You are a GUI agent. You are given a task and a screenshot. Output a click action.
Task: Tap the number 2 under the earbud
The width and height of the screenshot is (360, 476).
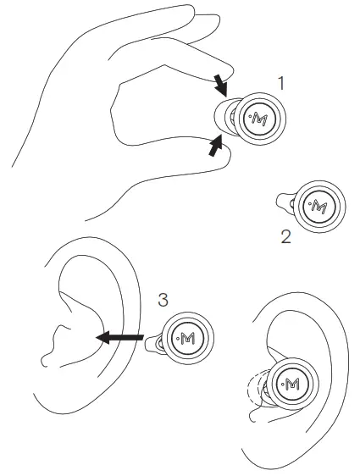(285, 237)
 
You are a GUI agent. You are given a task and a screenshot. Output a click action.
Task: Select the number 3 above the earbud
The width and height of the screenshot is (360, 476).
(164, 299)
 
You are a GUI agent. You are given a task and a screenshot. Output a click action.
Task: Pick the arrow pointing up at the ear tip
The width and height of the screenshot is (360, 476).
(218, 149)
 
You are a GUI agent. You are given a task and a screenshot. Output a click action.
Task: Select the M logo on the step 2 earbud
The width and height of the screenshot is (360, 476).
(318, 205)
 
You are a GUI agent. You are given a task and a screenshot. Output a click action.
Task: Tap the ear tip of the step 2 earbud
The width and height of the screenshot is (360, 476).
(286, 202)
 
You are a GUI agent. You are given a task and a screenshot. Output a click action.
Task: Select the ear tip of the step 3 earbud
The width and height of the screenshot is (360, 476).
(156, 340)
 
